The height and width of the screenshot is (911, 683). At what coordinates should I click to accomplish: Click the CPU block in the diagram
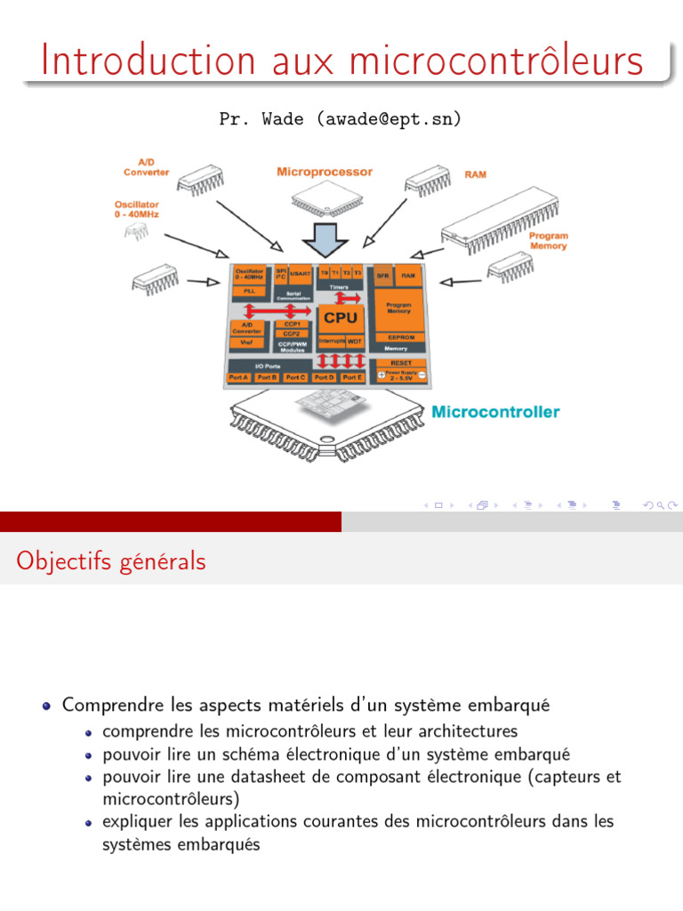tap(340, 318)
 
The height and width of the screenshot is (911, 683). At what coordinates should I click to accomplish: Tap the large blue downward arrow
tap(322, 238)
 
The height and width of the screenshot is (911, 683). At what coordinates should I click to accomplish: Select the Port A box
tap(238, 377)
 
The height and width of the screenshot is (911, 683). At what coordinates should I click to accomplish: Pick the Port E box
tap(353, 377)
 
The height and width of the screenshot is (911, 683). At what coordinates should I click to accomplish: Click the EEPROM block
tap(396, 337)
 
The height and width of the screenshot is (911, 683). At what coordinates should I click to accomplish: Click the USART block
tap(299, 274)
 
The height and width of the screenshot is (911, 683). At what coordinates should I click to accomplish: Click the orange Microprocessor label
tap(325, 172)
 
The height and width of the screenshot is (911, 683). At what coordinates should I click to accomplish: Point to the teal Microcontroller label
tap(495, 412)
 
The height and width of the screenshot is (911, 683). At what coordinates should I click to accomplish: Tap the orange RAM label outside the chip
tap(475, 175)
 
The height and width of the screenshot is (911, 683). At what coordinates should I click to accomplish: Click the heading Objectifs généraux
tap(111, 561)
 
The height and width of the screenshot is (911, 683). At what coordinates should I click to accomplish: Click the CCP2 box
tap(292, 334)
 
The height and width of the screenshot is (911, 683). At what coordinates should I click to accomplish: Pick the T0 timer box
tap(325, 273)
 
